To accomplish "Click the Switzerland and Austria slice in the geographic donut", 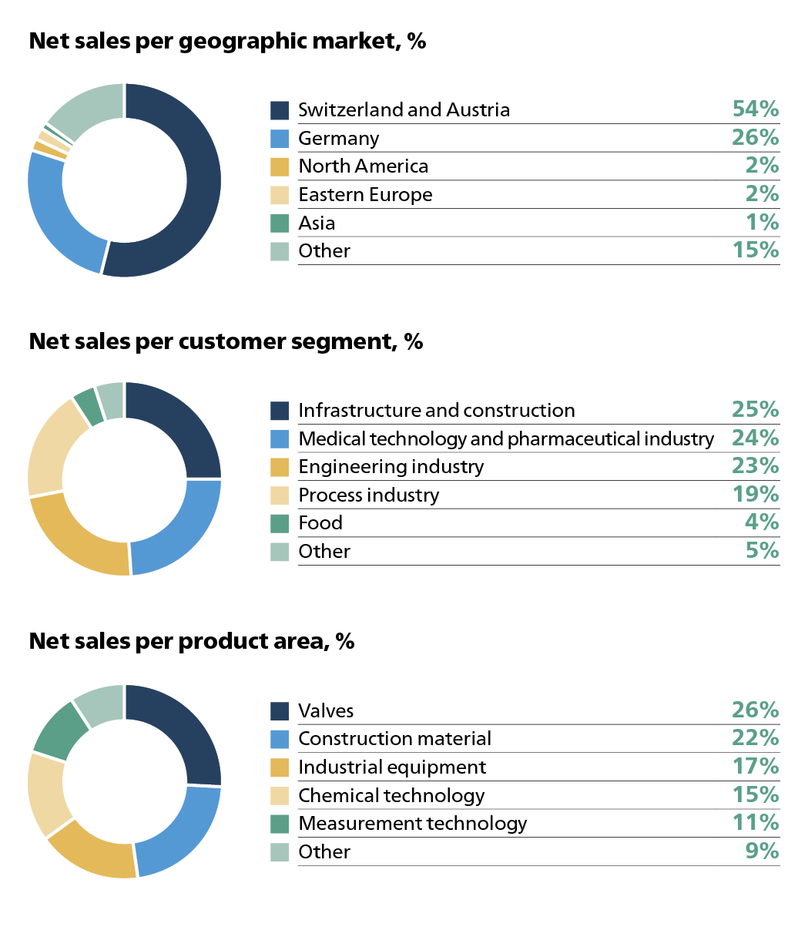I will pos(202,185).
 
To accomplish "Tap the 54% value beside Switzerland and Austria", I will pos(755,109).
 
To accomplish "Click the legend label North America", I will pos(363,166).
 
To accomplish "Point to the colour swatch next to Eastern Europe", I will pos(280,195).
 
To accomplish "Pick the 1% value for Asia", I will pos(762,223).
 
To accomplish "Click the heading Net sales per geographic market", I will pos(227,41).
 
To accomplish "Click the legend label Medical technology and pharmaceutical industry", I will pos(505,439).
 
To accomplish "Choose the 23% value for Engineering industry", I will pos(755,466).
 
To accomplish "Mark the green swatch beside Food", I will pos(280,523).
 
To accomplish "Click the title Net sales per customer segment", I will pos(226,341).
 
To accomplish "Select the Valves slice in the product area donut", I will pos(185,728).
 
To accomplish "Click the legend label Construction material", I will pos(394,739).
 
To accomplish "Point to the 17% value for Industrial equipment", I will pos(755,767).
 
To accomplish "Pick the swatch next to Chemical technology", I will pos(280,795).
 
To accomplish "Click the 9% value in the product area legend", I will pos(762,851).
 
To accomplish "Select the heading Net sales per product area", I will pos(191,641).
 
